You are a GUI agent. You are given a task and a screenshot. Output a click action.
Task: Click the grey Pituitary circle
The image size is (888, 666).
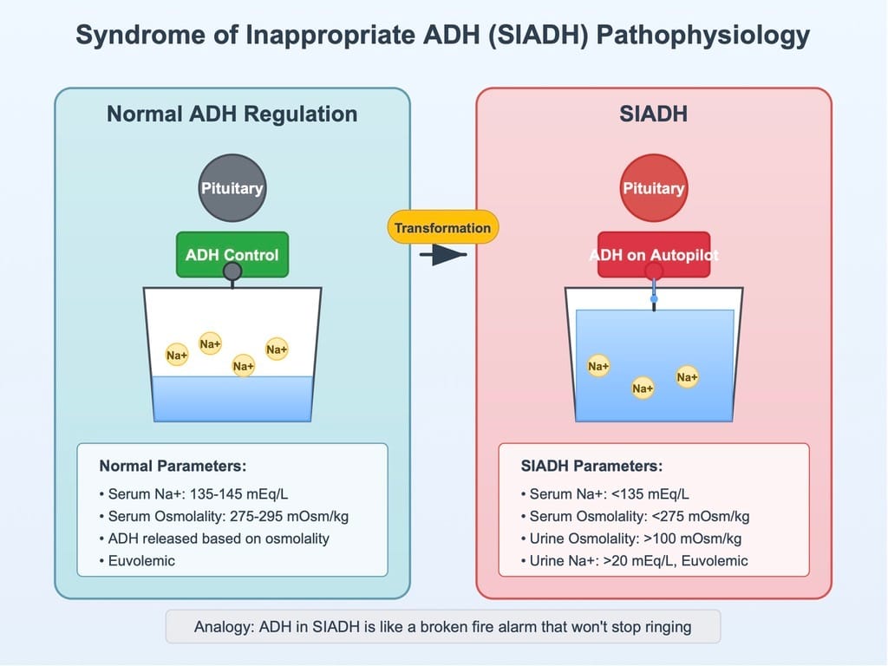pos(232,188)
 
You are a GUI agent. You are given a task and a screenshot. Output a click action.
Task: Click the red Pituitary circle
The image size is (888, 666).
pos(654,188)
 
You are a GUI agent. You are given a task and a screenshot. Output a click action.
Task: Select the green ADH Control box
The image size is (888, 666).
pos(232,254)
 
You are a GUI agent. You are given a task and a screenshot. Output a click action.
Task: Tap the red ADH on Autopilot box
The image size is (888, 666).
pos(654,254)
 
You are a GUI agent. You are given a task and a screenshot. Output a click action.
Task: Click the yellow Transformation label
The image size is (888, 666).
pos(443,228)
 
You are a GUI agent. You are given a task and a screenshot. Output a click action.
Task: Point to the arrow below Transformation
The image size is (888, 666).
pos(443,255)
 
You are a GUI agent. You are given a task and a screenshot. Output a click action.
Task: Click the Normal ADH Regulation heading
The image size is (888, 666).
pos(232,114)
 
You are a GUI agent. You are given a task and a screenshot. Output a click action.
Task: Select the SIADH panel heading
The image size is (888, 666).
pos(654,114)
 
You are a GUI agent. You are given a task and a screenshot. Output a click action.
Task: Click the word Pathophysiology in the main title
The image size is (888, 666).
pos(702,35)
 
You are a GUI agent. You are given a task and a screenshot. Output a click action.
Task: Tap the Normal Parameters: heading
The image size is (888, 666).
pos(173,466)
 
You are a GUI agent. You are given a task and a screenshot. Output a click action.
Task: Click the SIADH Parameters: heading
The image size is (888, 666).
pos(591,466)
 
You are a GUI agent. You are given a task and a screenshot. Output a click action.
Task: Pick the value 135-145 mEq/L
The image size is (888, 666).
pos(238,493)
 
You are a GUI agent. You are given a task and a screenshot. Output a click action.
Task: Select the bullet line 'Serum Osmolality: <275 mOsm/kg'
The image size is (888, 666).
pos(635,517)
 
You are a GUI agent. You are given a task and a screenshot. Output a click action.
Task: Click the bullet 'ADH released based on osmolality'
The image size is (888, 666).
pos(214,539)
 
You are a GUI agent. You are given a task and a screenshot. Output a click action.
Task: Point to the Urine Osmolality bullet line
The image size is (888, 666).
pos(631,539)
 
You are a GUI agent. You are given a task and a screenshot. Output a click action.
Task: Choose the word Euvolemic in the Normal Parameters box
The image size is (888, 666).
pos(141,561)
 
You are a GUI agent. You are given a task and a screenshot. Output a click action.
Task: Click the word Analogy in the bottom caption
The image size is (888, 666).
pos(222,627)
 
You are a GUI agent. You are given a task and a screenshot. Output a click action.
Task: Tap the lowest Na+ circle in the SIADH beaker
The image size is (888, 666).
pos(643,388)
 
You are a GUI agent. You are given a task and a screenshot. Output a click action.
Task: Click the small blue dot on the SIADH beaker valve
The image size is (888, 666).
pos(654,298)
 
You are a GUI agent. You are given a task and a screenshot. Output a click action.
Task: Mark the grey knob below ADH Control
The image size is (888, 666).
pos(232,271)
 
